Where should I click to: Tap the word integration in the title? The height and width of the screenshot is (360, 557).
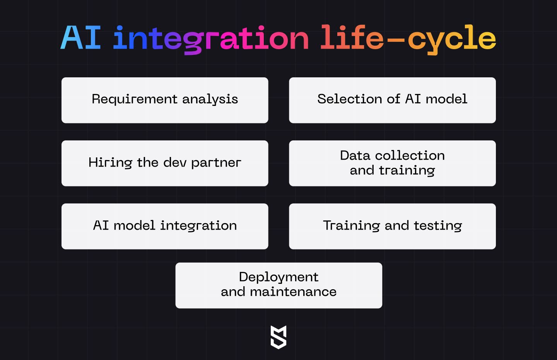pos(211,39)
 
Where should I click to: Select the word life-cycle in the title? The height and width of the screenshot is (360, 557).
pos(408,39)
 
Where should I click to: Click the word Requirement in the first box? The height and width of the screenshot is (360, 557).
pos(135,99)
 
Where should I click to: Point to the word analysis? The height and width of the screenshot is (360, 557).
pos(210,99)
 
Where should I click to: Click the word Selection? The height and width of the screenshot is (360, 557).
pos(350,99)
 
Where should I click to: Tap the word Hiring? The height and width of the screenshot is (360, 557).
pos(110,162)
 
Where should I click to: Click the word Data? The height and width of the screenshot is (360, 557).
pos(355,155)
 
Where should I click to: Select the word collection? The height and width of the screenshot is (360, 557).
pos(410,155)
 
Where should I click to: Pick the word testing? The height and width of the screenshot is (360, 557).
pos(438,226)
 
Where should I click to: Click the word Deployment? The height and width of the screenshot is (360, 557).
pos(278,277)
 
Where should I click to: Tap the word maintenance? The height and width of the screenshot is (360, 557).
pos(293,292)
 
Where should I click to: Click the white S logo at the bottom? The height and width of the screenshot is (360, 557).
pos(278,337)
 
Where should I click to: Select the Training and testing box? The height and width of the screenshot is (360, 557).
pos(392,226)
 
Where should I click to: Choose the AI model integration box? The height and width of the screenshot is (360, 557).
pos(165,226)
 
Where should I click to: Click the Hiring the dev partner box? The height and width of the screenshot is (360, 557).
pos(165,163)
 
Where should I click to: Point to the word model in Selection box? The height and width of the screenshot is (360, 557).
pos(447,99)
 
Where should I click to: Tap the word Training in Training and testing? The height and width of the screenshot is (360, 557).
pos(352,226)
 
